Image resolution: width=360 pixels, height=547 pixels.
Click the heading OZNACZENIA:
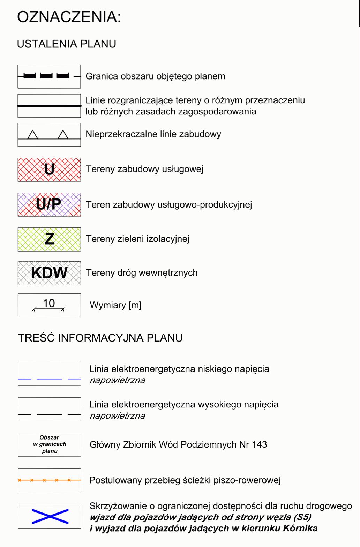69,17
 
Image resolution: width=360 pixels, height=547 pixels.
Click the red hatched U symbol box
49,170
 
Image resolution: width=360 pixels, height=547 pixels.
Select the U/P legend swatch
49,204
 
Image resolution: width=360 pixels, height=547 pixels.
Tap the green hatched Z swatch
49,239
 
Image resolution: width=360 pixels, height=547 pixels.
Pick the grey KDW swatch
49,273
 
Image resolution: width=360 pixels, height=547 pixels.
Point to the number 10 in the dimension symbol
49,304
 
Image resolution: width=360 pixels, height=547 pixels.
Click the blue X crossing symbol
50,517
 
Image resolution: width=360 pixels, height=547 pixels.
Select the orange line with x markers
49,480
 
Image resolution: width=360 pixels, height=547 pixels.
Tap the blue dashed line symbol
49,379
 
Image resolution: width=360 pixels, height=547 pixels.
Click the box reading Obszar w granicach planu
49,444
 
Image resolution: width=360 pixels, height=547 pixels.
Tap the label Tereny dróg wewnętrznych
142,273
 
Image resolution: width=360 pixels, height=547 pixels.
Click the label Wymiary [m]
115,305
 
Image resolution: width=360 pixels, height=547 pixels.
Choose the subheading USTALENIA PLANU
66,44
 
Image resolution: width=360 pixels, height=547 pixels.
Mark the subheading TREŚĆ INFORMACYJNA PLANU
100,338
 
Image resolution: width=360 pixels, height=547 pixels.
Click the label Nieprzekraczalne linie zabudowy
153,134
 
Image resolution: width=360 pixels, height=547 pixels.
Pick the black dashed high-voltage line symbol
49,414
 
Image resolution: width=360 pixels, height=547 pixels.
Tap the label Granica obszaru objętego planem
155,76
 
